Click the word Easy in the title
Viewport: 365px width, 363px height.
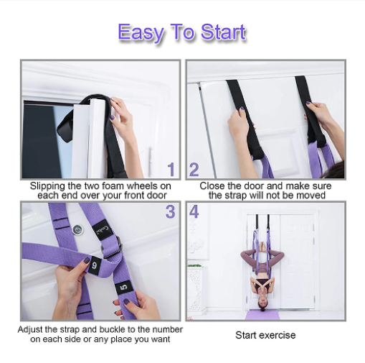coord(141,32)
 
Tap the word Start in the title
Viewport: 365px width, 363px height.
coord(223,32)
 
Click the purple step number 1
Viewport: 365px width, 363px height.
coord(171,170)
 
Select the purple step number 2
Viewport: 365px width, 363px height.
coord(194,170)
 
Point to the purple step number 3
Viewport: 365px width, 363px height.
coord(170,211)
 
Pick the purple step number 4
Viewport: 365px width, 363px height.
coord(194,211)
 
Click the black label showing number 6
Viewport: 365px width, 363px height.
coord(94,265)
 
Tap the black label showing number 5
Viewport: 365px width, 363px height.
coord(124,287)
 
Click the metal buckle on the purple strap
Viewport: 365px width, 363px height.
coord(112,248)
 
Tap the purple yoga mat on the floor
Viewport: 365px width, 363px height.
coord(262,315)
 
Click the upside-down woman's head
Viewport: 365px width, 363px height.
coord(262,303)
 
